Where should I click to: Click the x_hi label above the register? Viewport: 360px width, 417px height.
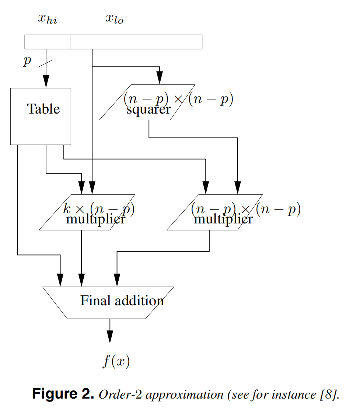point(48,19)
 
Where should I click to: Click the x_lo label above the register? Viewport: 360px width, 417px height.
point(114,19)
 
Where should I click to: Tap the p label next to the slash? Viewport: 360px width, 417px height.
point(27,60)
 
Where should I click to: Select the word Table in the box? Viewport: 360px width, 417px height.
point(43,109)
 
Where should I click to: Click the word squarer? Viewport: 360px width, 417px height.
point(148,110)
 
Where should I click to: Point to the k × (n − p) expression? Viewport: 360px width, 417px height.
point(99,209)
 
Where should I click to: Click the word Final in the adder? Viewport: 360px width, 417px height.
point(95,301)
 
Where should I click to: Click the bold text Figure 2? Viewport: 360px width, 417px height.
point(63,394)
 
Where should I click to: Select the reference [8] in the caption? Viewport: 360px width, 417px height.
point(329,395)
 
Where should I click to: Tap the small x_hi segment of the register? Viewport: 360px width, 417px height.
point(48,42)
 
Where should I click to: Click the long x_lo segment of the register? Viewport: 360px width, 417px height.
point(136,42)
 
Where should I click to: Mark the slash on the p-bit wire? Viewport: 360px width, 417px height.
point(46,63)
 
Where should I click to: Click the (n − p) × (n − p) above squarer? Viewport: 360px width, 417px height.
point(178,100)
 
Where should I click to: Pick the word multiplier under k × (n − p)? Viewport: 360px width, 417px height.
point(95,219)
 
